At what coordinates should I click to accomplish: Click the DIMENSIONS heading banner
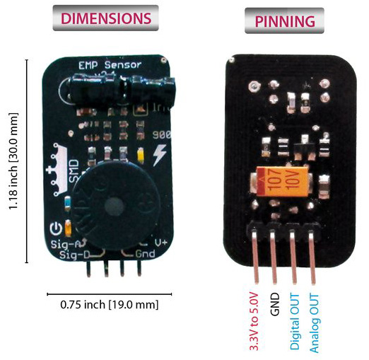coord(105,19)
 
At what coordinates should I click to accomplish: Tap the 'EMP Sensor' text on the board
coord(109,65)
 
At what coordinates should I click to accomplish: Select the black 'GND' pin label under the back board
coord(276,303)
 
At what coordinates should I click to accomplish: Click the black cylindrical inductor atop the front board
coord(134,89)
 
